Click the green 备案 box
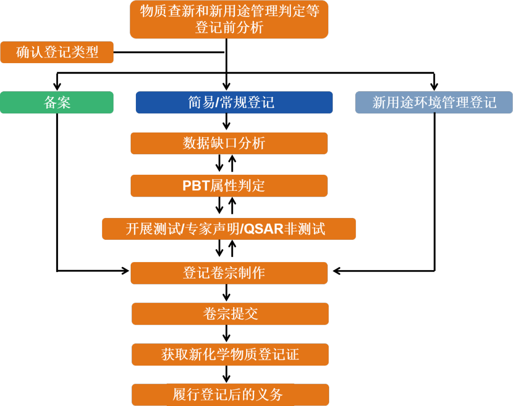pyautogui.click(x=57, y=103)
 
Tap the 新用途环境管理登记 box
pyautogui.click(x=434, y=103)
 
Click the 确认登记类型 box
pyautogui.click(x=57, y=52)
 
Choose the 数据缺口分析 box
pyautogui.click(x=229, y=143)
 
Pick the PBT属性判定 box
pyautogui.click(x=229, y=186)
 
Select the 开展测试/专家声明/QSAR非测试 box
pyautogui.click(x=229, y=229)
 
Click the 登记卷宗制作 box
pyautogui.click(x=229, y=273)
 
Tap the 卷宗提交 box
pyautogui.click(x=230, y=313)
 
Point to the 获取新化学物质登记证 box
pyautogui.click(x=230, y=355)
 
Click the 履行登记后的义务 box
pyautogui.click(x=230, y=395)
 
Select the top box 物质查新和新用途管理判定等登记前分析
pyautogui.click(x=229, y=19)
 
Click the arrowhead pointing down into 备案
pyautogui.click(x=57, y=87)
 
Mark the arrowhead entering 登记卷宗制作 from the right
pyautogui.click(x=336, y=271)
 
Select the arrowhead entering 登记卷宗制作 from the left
pyautogui.click(x=126, y=271)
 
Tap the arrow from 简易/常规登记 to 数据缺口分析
pyautogui.click(x=227, y=123)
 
